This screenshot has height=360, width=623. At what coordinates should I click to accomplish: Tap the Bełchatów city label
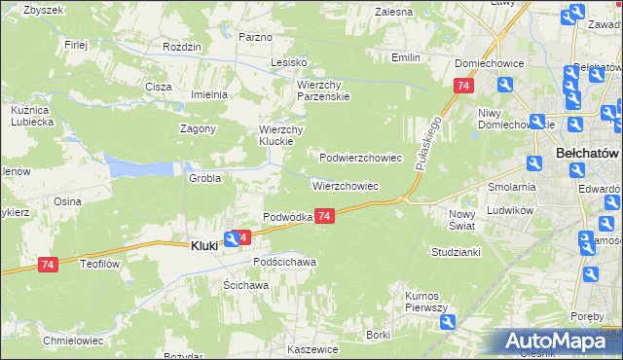click(x=587, y=154)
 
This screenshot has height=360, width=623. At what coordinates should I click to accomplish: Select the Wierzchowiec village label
click(x=345, y=185)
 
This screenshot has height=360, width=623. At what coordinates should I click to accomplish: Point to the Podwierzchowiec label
click(x=361, y=157)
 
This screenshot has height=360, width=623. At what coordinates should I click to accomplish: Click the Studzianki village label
click(x=457, y=252)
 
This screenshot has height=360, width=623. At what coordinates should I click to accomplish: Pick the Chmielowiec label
click(x=73, y=341)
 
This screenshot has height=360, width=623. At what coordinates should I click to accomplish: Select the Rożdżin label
click(x=182, y=47)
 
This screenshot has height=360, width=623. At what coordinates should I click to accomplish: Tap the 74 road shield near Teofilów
click(x=48, y=264)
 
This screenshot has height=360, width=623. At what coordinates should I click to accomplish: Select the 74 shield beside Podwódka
click(x=325, y=216)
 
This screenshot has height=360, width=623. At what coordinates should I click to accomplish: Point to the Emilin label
click(x=405, y=57)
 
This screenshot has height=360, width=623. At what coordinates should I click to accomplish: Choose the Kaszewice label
click(x=312, y=349)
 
